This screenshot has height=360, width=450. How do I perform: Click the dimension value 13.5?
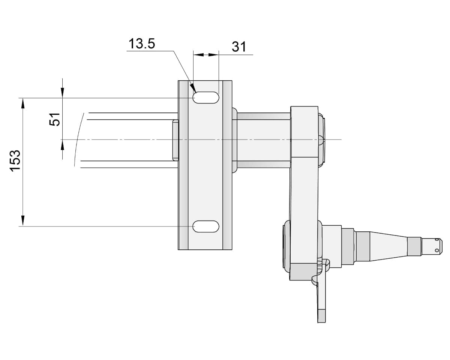(x=141, y=44)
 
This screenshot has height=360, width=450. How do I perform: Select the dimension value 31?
(x=239, y=47)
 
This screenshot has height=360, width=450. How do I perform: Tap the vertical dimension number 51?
(x=55, y=119)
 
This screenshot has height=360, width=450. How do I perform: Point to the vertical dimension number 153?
(x=15, y=161)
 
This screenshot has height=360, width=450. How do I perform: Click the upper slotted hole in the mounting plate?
(x=206, y=97)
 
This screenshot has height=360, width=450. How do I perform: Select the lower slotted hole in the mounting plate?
(x=206, y=226)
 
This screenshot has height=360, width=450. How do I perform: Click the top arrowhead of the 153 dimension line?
(x=23, y=103)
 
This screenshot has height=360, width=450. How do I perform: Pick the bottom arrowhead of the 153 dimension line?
(x=23, y=221)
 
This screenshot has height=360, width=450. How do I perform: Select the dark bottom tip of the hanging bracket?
(x=321, y=316)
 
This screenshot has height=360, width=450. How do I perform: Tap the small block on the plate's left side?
(x=175, y=140)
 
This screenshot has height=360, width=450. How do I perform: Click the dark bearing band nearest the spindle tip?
(x=414, y=246)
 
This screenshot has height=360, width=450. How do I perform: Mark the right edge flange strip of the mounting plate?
(x=227, y=165)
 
